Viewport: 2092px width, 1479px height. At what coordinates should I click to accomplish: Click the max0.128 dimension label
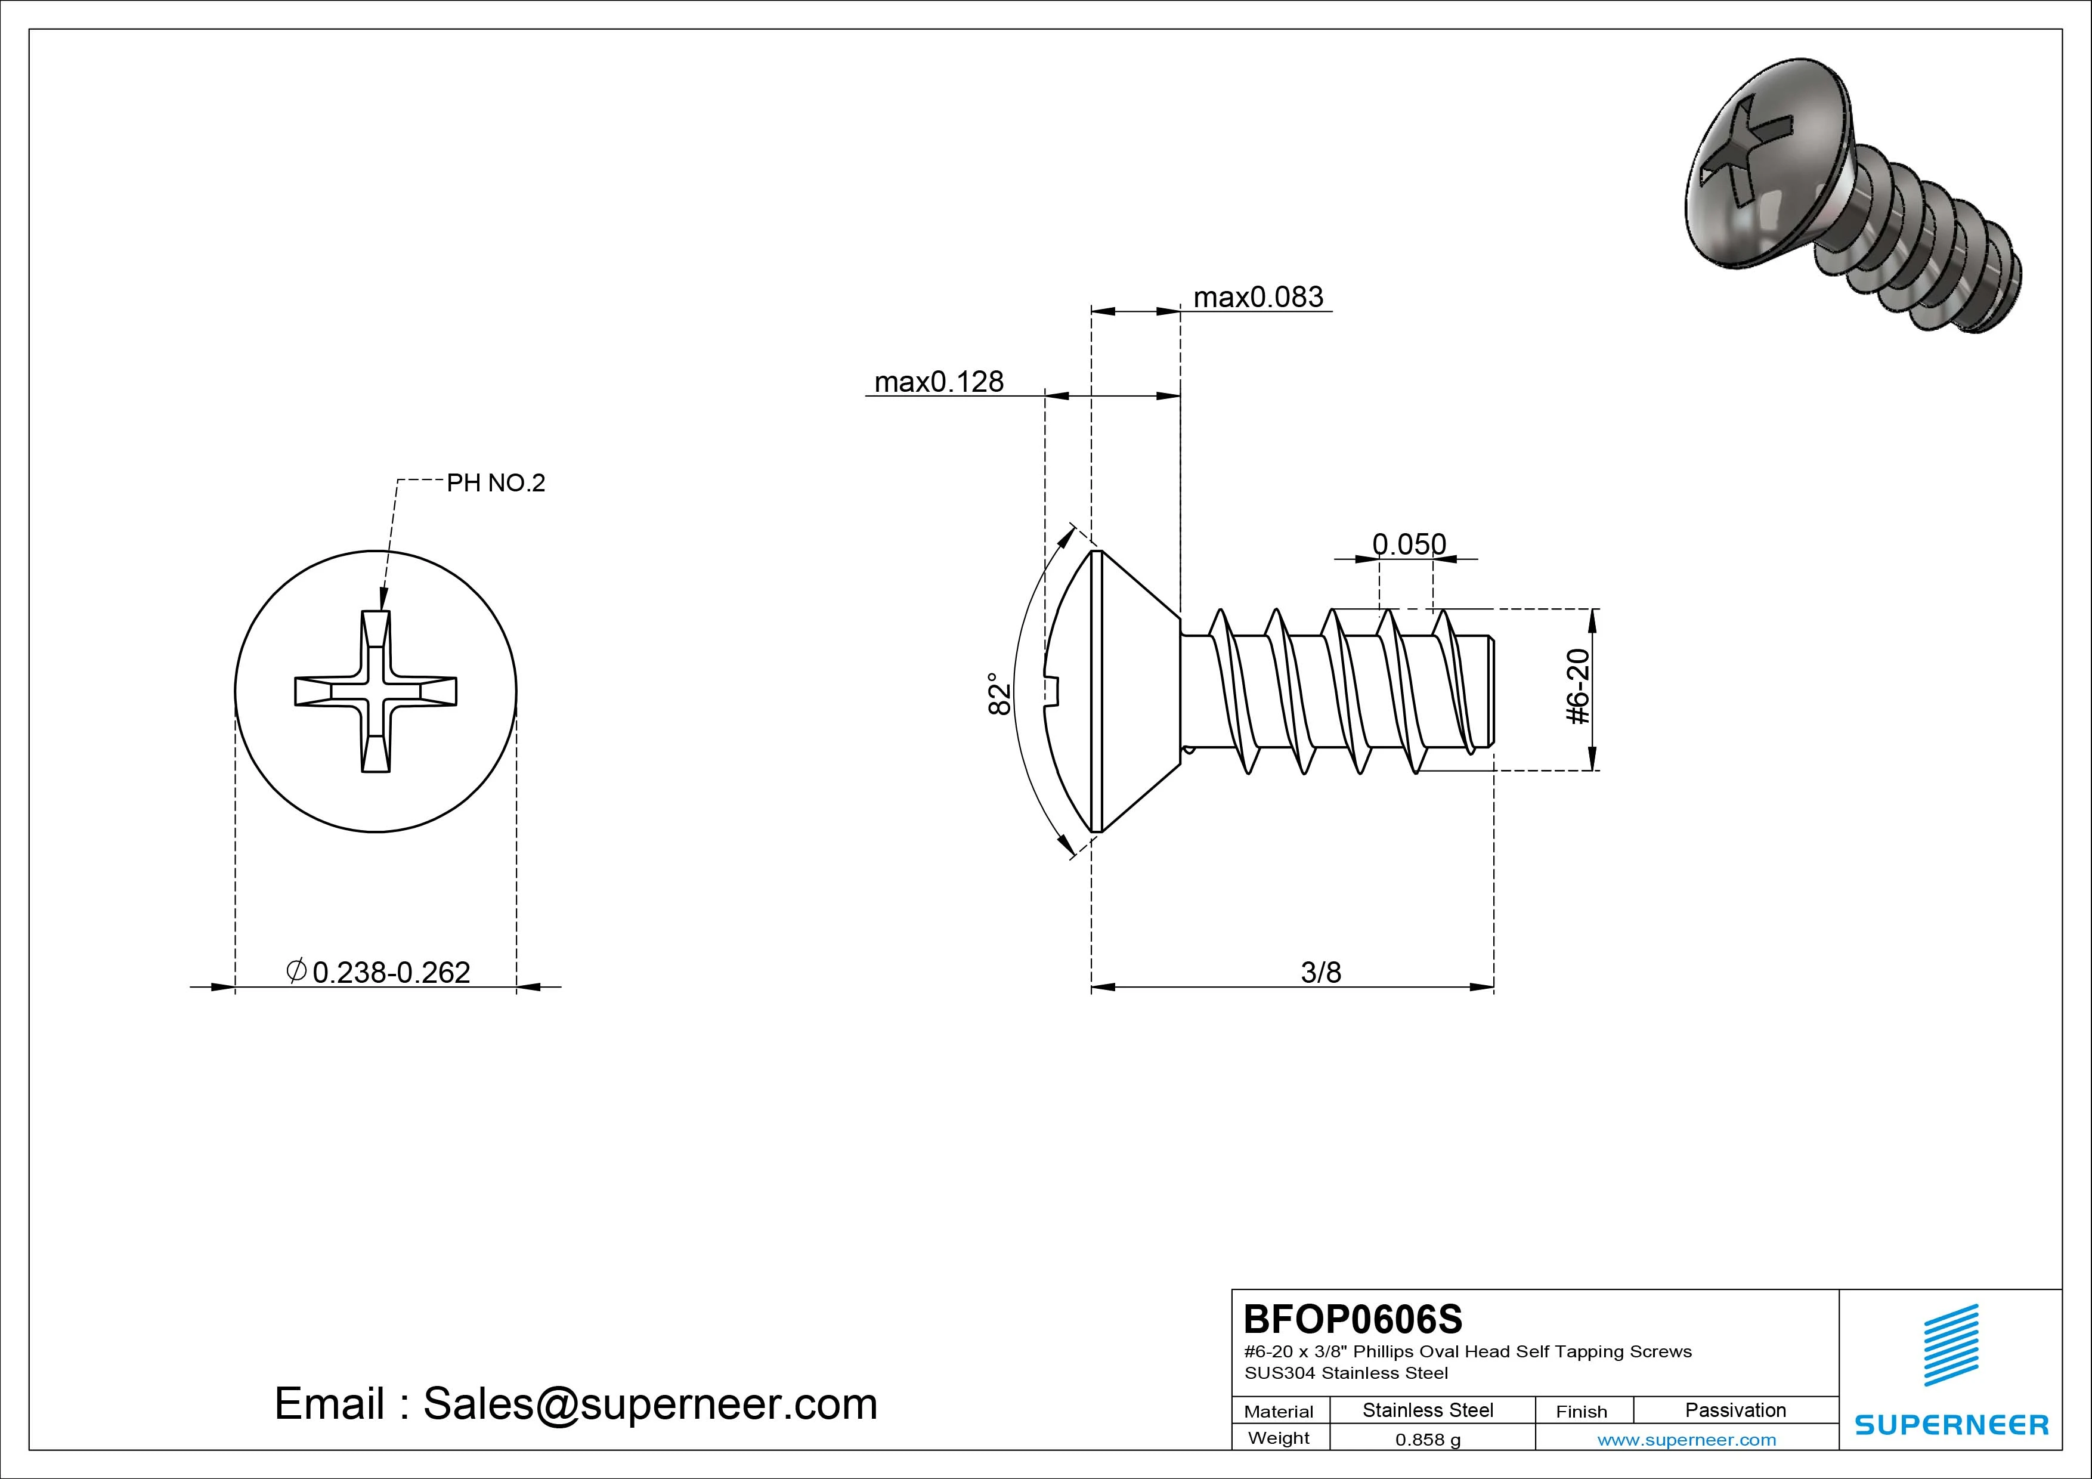point(939,382)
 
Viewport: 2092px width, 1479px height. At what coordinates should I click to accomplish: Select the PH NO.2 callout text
point(496,483)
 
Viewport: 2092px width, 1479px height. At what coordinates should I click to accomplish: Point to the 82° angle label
point(999,694)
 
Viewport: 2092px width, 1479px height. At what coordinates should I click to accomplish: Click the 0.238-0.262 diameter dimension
point(390,972)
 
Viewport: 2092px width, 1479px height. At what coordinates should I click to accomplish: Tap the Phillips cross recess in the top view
point(375,691)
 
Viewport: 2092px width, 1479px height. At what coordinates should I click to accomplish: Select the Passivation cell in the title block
point(1735,1410)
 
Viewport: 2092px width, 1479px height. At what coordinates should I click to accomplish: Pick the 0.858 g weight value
point(1428,1440)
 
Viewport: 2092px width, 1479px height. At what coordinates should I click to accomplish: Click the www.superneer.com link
point(1686,1440)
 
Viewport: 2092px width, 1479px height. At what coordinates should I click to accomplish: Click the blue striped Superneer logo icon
point(1950,1344)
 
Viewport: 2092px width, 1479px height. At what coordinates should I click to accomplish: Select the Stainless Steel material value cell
point(1428,1410)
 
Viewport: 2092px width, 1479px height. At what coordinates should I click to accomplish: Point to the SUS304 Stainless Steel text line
point(1346,1372)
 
